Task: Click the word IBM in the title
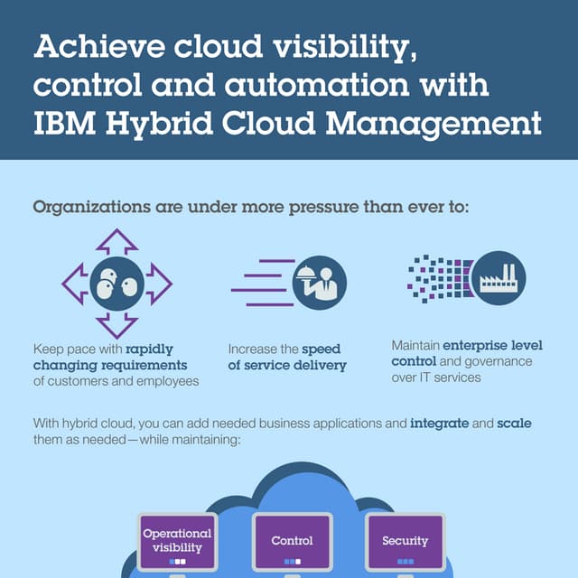click(x=64, y=123)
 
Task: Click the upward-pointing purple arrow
click(x=117, y=241)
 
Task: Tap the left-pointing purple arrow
click(x=74, y=283)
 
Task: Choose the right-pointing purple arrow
click(x=159, y=283)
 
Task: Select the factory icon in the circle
click(x=498, y=277)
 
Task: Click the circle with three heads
click(x=117, y=283)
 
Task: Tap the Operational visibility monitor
click(x=178, y=541)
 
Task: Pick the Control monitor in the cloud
click(x=292, y=541)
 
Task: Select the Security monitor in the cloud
click(x=405, y=541)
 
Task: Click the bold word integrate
click(x=439, y=423)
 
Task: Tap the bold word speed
click(x=321, y=349)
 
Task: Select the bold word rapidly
click(x=155, y=349)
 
